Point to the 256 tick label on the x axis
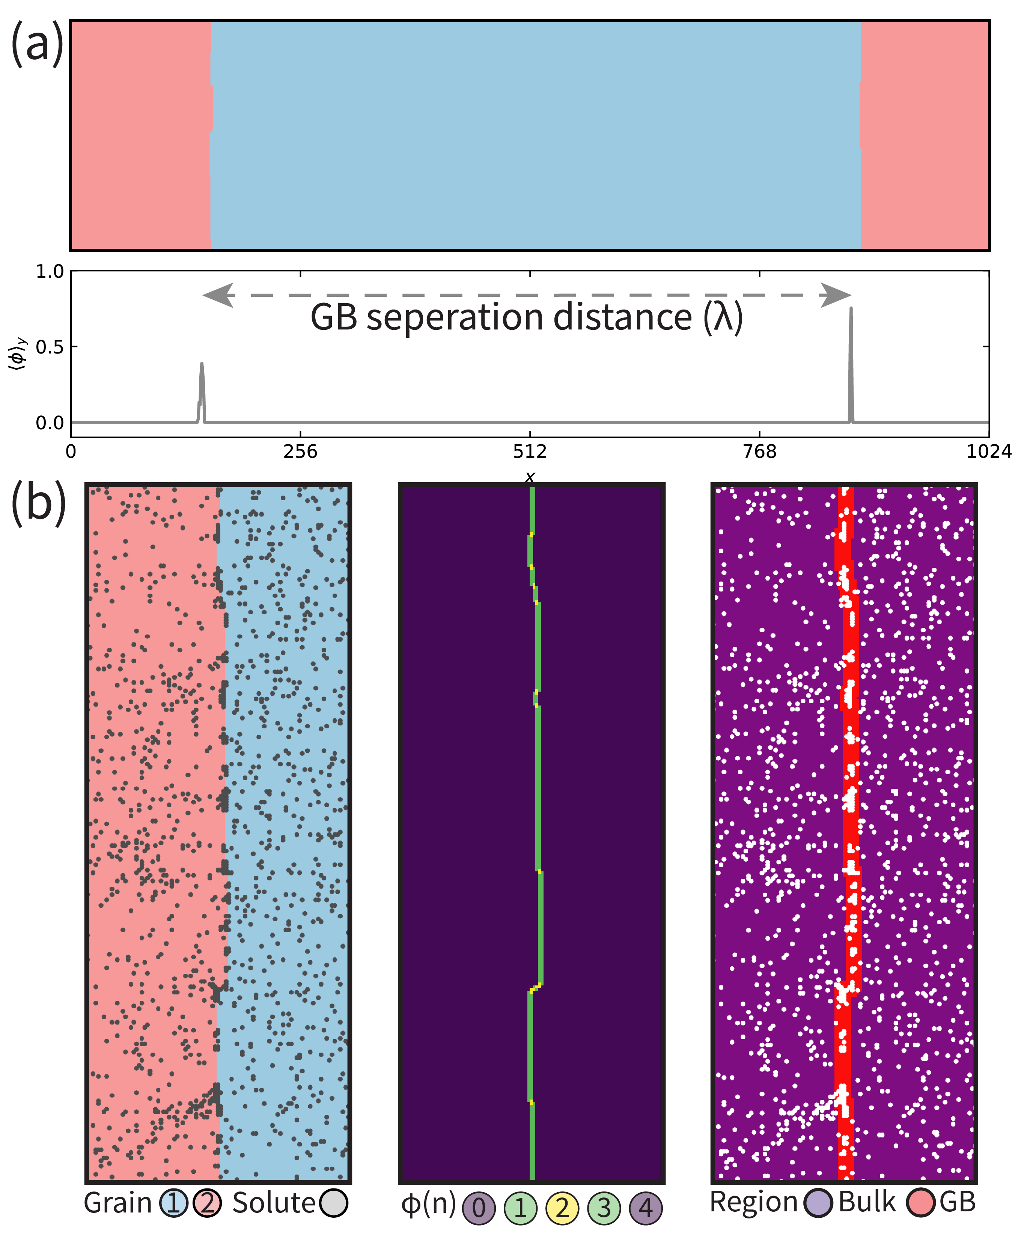click(301, 451)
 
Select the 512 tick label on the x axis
click(530, 451)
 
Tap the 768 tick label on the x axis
click(759, 451)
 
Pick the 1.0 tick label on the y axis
click(50, 272)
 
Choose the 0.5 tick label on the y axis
click(50, 347)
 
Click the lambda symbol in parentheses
click(723, 318)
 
